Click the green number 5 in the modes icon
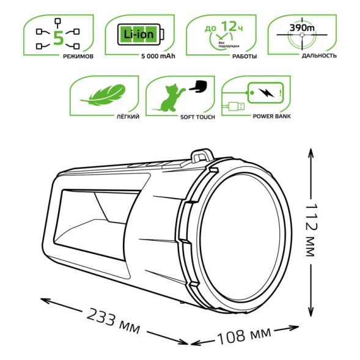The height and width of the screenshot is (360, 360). [x=59, y=37]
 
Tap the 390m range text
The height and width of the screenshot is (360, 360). [x=301, y=29]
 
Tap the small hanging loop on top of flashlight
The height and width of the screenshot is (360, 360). [x=199, y=157]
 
